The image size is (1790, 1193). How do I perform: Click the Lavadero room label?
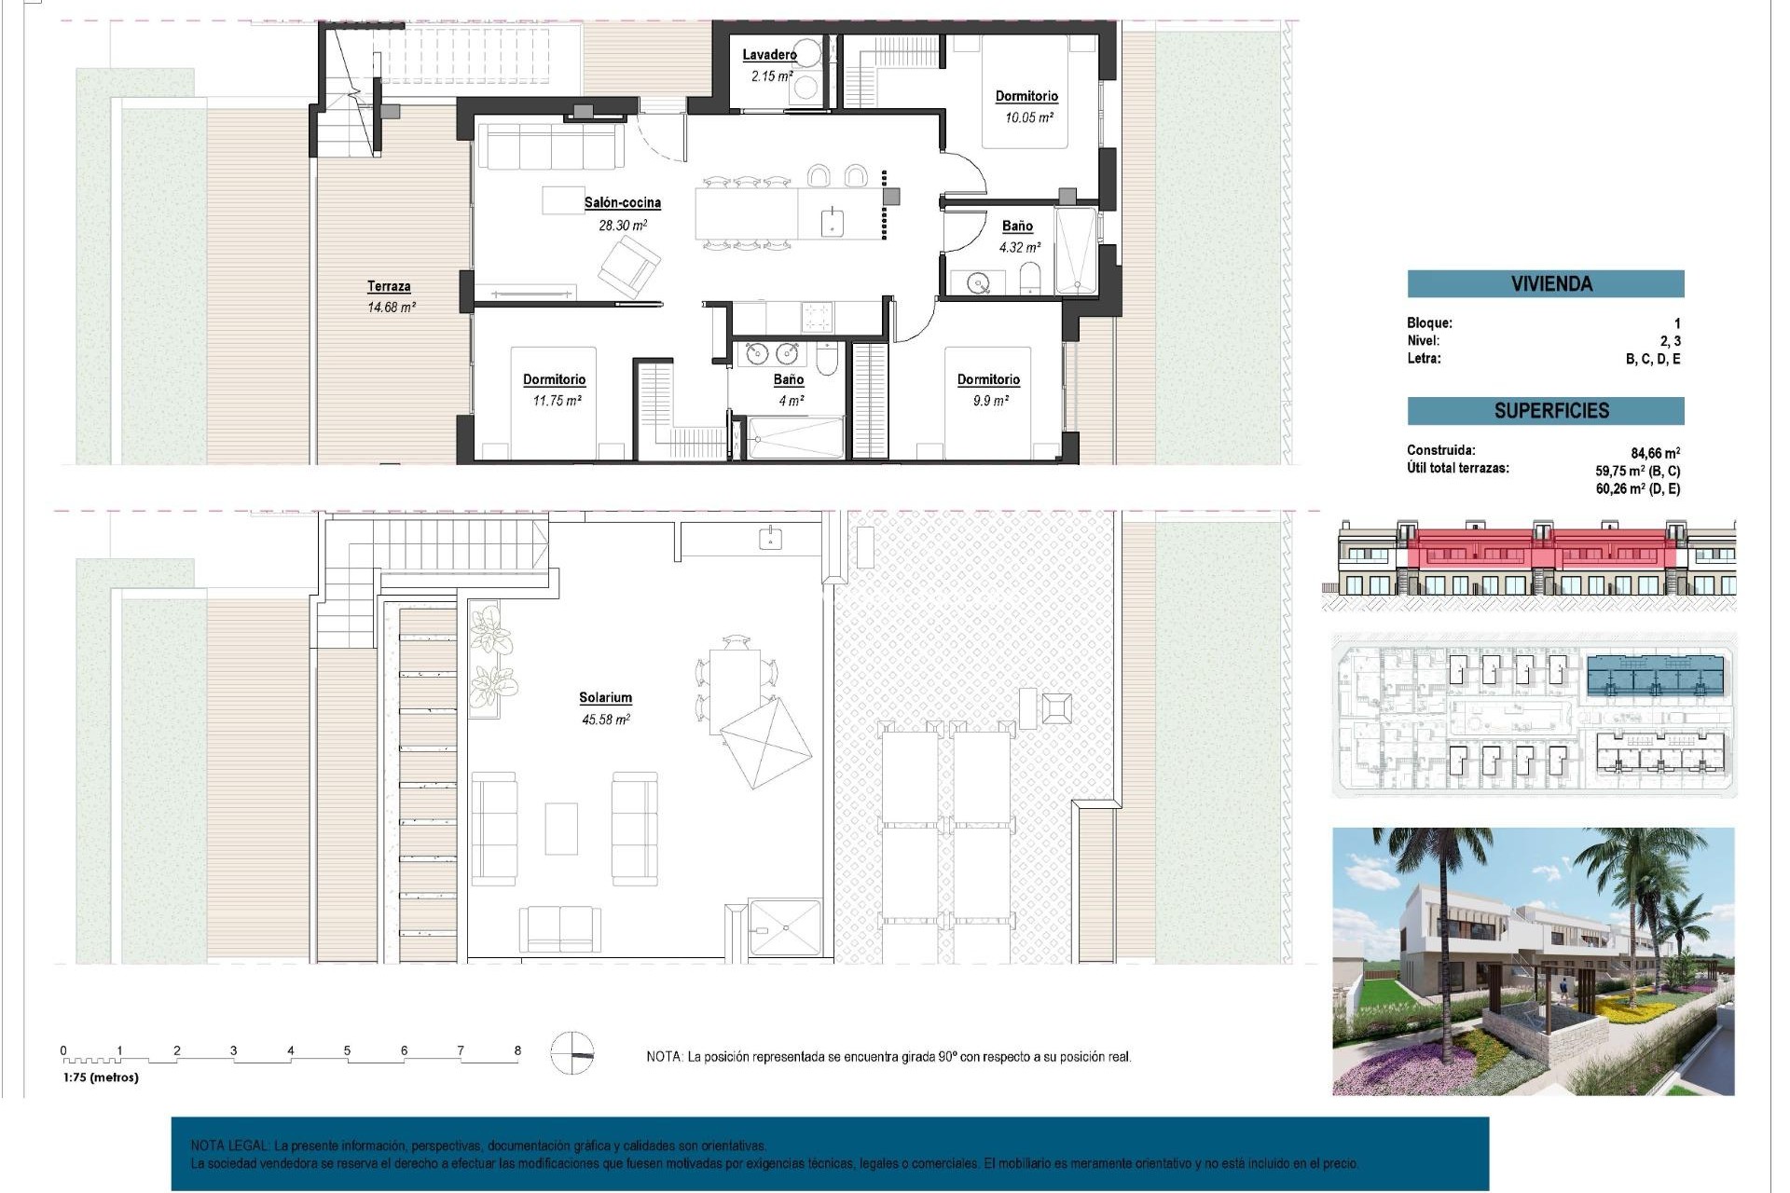click(769, 55)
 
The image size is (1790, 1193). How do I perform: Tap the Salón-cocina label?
click(623, 202)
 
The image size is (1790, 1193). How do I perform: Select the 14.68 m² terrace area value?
click(391, 307)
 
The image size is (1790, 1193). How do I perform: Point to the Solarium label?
click(605, 697)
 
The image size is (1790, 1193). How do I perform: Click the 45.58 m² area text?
click(606, 720)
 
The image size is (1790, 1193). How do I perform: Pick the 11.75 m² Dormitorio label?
click(554, 379)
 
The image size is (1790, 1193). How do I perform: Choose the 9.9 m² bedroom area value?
click(988, 401)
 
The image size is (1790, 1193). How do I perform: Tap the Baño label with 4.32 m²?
click(1017, 226)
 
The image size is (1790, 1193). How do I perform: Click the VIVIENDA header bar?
click(1545, 283)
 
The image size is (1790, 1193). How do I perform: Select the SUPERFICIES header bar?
click(1545, 411)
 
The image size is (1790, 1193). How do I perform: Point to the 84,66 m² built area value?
click(1655, 454)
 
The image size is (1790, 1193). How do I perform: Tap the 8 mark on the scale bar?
click(517, 1050)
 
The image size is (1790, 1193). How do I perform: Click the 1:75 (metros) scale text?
click(101, 1077)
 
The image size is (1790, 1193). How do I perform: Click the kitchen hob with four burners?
click(817, 317)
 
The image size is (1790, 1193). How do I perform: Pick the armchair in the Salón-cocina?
click(628, 267)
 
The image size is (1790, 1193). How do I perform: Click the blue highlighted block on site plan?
click(1655, 677)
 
